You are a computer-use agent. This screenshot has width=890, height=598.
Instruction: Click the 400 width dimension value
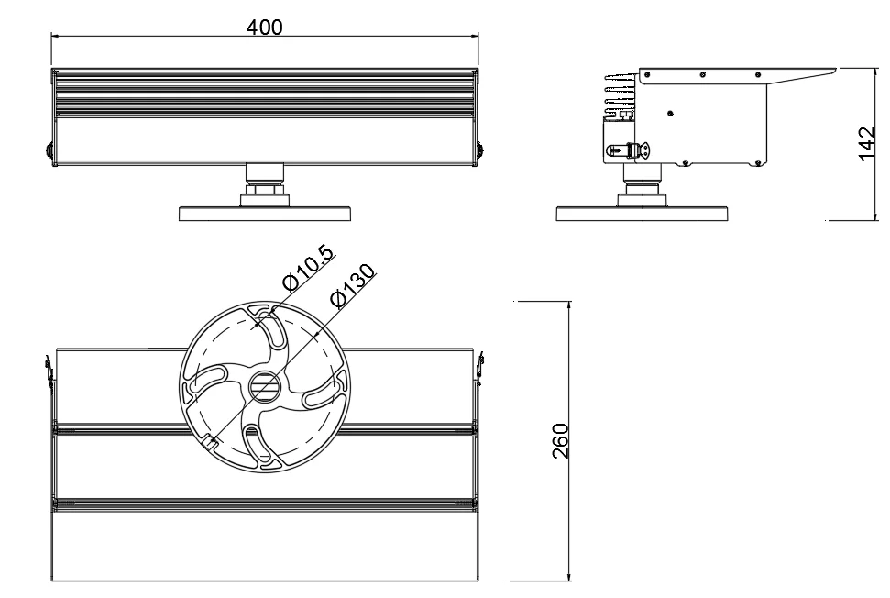coord(265,27)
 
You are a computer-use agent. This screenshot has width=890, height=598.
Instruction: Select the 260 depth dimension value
coord(560,441)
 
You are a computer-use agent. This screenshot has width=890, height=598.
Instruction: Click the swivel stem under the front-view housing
coord(265,183)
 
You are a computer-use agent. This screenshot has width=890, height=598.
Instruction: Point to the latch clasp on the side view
coord(634,150)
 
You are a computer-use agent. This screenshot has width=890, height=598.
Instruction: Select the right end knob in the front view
coord(479,148)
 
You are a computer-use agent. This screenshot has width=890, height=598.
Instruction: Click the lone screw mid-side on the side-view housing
coord(671,112)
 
